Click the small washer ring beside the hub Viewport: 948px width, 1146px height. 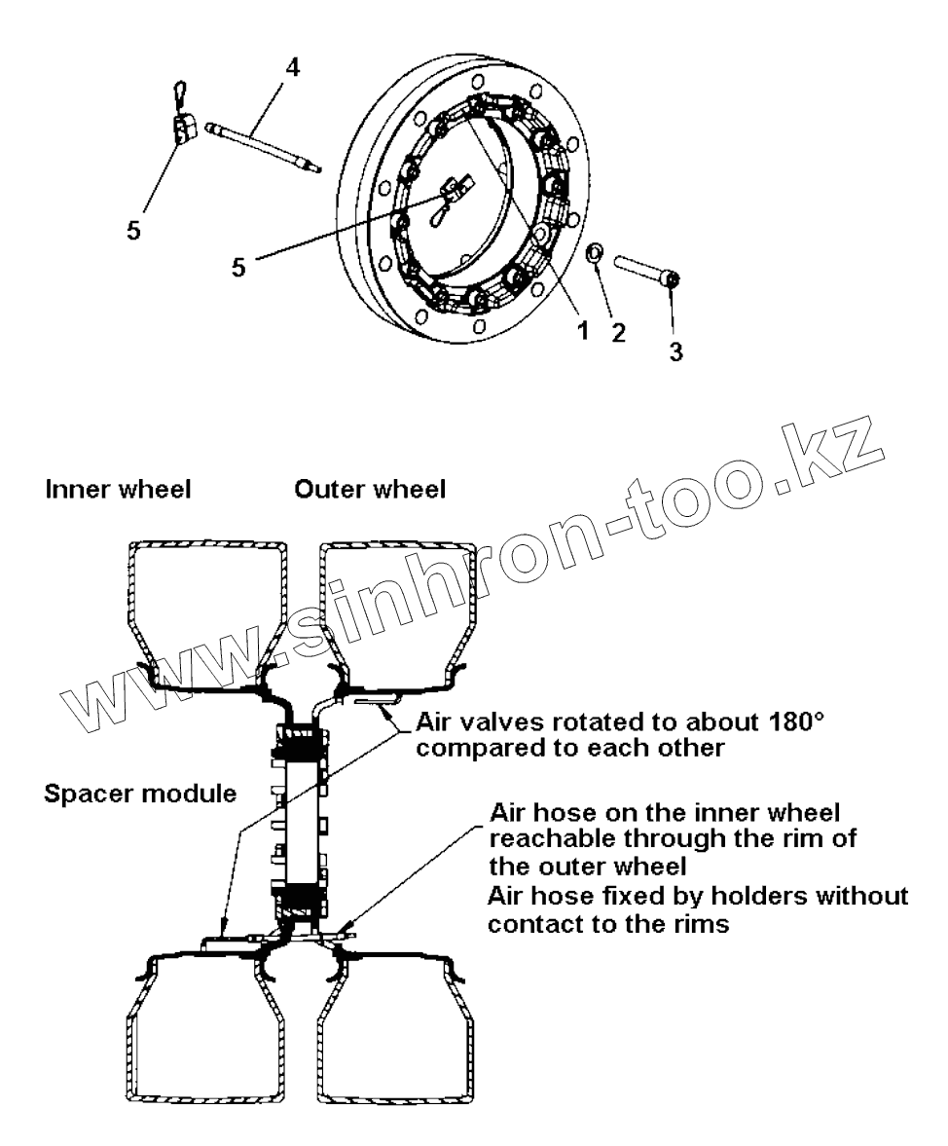coord(595,256)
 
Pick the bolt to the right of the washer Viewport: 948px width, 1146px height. coord(644,271)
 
